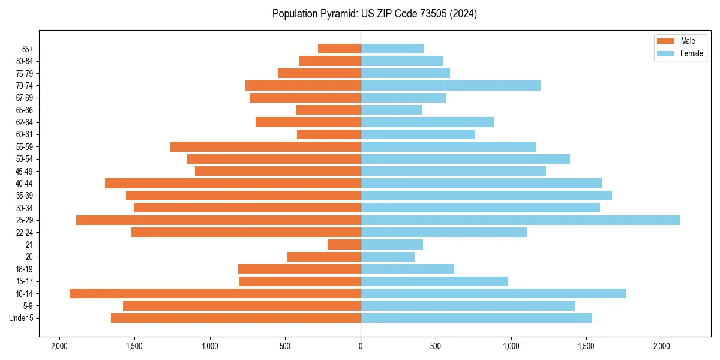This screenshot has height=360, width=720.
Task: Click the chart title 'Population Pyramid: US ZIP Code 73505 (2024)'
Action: coord(374,14)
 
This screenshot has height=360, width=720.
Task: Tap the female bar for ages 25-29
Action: coord(520,220)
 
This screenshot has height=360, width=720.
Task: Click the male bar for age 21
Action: coord(344,245)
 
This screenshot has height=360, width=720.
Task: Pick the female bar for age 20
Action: coord(388,257)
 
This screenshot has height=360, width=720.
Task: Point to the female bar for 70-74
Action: coord(451,86)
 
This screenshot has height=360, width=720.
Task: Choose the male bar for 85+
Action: coord(339,49)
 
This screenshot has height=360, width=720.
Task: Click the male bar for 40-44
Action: coord(233,184)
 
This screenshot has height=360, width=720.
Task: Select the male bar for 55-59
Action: coord(265,147)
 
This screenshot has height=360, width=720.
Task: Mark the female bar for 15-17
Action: coord(434,281)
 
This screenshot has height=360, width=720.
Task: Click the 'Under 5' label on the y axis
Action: coord(22,318)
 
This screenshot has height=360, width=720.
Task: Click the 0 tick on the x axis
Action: coord(361,346)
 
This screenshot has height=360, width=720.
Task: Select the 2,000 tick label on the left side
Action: coord(59,346)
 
